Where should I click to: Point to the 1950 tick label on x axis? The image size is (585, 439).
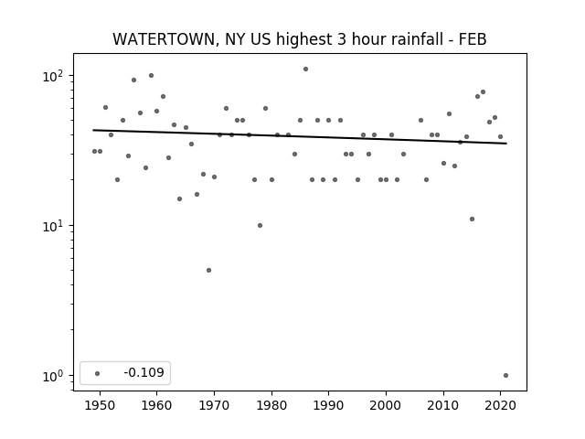pyautogui.click(x=100, y=405)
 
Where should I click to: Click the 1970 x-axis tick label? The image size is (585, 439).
pyautogui.click(x=214, y=405)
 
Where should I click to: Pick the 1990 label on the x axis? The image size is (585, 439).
pyautogui.click(x=329, y=405)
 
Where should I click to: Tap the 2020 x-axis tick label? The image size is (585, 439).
pyautogui.click(x=500, y=405)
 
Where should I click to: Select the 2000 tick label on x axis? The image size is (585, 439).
pyautogui.click(x=386, y=405)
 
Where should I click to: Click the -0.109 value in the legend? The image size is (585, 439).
pyautogui.click(x=144, y=372)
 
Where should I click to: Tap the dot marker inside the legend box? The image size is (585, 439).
pyautogui.click(x=98, y=373)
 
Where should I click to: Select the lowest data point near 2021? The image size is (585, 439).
pyautogui.click(x=505, y=376)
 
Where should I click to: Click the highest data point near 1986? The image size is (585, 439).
pyautogui.click(x=305, y=70)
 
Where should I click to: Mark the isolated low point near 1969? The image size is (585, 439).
pyautogui.click(x=208, y=271)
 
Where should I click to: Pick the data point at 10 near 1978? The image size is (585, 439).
pyautogui.click(x=260, y=226)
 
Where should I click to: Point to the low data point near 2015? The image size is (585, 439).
pyautogui.click(x=472, y=219)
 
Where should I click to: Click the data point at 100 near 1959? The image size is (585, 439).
pyautogui.click(x=151, y=75)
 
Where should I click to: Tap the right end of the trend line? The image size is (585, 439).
pyautogui.click(x=506, y=144)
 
